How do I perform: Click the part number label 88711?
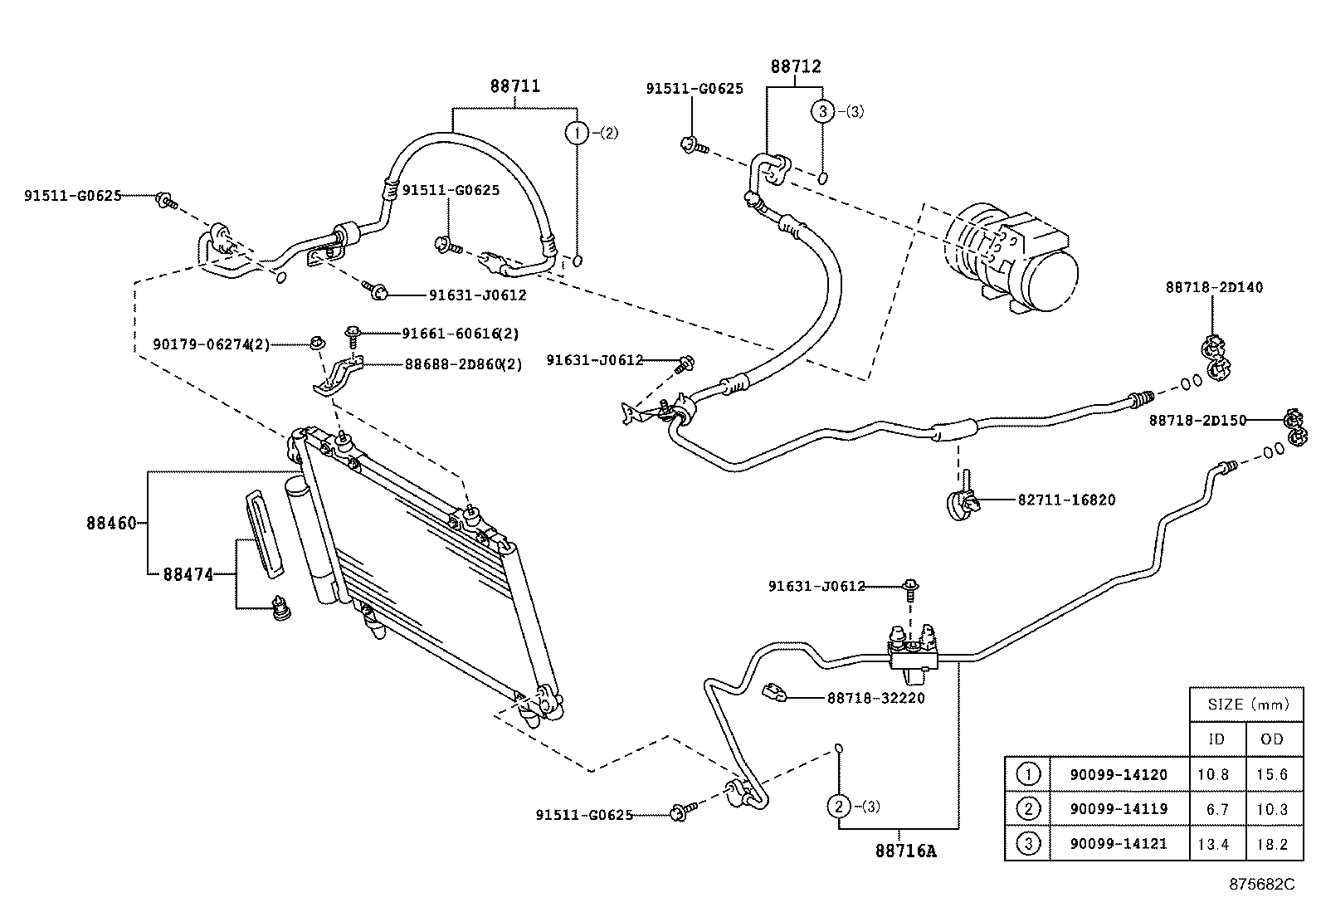514,85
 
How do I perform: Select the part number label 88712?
795,66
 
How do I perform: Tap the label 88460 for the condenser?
110,524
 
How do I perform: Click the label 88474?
188,574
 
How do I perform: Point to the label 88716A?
904,851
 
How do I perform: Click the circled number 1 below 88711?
577,132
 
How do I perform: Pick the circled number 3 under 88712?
821,111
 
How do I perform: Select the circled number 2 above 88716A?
839,806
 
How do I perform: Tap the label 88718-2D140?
1214,287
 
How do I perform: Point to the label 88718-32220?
875,698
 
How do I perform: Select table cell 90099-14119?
1118,809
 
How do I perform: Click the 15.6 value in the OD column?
1272,774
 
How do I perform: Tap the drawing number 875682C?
1261,885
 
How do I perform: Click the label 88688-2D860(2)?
463,363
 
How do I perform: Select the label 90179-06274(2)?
212,344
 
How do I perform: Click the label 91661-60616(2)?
460,333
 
